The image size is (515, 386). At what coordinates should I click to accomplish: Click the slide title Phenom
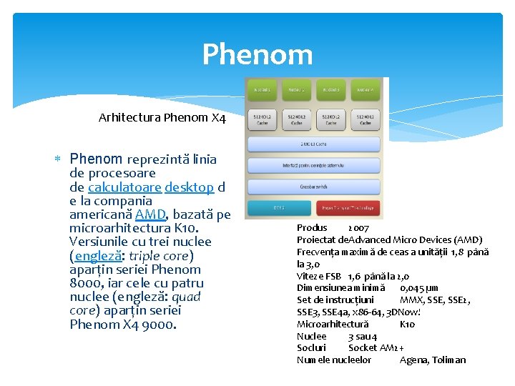click(x=257, y=54)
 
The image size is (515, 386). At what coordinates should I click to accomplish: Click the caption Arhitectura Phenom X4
click(x=162, y=117)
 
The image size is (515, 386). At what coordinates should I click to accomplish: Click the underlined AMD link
click(x=150, y=214)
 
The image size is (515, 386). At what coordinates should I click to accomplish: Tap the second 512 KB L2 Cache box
click(x=296, y=119)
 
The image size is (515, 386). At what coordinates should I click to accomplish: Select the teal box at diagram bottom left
click(x=278, y=209)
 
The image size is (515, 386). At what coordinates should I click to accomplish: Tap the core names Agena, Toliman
click(x=433, y=360)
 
